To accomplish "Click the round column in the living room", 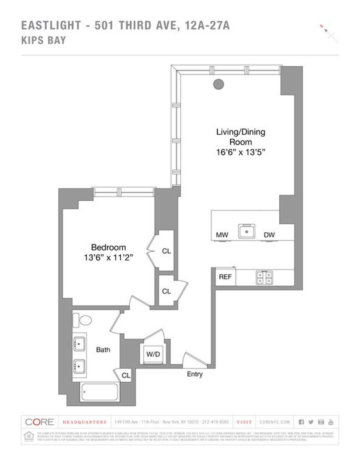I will [218, 84].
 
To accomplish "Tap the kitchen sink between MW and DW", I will [247, 231].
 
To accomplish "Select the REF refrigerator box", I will [225, 277].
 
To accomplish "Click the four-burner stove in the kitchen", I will [265, 277].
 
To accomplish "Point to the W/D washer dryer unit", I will [153, 354].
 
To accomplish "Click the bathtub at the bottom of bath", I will [99, 392].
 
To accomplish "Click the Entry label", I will [195, 374].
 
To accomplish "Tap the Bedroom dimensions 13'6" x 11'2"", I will [108, 258].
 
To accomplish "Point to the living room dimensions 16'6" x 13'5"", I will [241, 152].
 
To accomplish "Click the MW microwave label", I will [222, 235].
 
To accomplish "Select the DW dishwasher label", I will [269, 235].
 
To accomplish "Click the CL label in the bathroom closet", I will [126, 375].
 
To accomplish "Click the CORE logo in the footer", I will [39, 422].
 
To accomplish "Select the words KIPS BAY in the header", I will [43, 40].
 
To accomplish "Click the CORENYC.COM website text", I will [274, 422].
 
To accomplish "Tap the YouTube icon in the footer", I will [331, 422].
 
